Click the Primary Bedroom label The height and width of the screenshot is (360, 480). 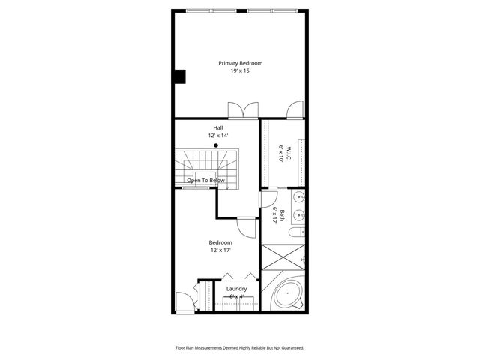click(241, 63)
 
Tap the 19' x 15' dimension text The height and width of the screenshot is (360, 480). click(241, 70)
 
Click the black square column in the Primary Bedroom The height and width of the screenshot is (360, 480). click(180, 76)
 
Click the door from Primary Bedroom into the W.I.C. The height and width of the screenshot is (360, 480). click(295, 111)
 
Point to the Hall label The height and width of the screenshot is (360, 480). click(218, 127)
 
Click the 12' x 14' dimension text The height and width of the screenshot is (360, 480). click(218, 136)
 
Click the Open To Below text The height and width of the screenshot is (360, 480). click(205, 181)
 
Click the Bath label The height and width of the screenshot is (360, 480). click(283, 214)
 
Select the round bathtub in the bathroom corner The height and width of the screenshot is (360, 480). click(287, 294)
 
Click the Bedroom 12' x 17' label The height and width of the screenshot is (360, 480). click(220, 246)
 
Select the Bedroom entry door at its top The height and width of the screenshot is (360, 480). click(247, 226)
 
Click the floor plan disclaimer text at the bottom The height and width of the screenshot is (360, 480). click(240, 348)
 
